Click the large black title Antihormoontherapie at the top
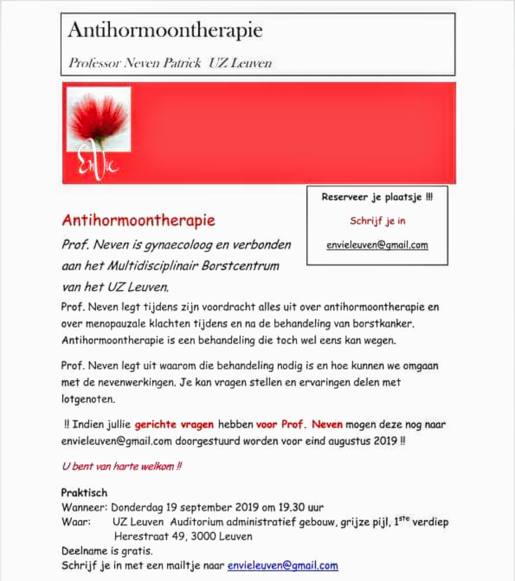pos(165,31)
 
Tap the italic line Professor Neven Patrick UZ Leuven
pos(170,63)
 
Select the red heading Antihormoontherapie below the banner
pos(138,220)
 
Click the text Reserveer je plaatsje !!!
pos(377,197)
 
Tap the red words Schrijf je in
pos(377,221)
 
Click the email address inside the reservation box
pos(377,245)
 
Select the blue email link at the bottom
pos(283,566)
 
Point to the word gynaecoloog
pos(178,245)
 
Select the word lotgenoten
pos(88,399)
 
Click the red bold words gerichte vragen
pos(174,424)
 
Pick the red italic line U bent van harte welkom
pos(122,466)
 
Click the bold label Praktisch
pos(84,493)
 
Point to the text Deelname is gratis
pos(107,551)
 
